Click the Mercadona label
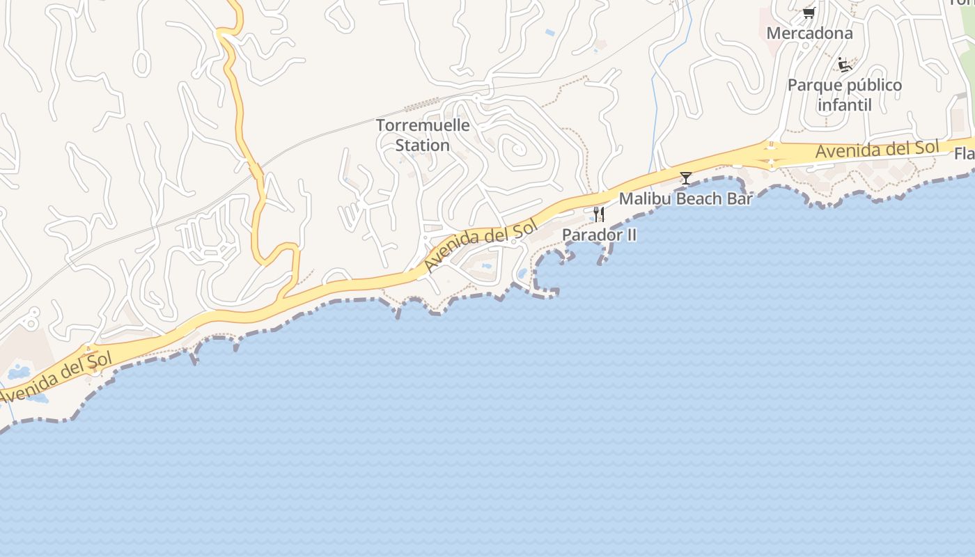pos(809,33)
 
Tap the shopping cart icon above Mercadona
pos(809,13)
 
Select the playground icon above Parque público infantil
pos(845,65)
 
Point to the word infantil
pos(844,105)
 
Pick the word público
pos(875,86)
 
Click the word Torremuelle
pos(423,125)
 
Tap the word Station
pos(423,145)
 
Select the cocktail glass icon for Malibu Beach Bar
pos(686,178)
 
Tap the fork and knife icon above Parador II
pos(598,214)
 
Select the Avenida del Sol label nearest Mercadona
pos(877,149)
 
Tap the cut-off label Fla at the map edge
pos(964,153)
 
